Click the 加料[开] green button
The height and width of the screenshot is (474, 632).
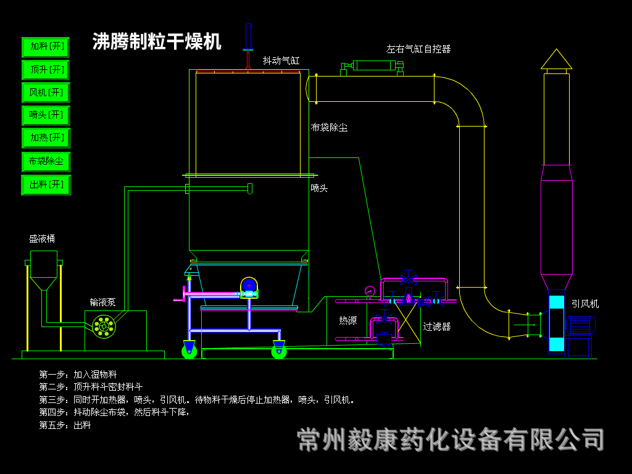(x=46, y=47)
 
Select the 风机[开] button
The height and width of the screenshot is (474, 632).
(x=46, y=93)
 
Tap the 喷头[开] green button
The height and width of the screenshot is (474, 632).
(x=46, y=115)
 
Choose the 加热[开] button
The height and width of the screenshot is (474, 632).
(x=46, y=138)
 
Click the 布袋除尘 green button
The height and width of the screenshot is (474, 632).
(x=46, y=162)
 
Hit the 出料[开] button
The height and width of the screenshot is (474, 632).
(x=46, y=185)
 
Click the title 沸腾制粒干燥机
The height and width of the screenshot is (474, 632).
(x=157, y=41)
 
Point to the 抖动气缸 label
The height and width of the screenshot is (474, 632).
(x=281, y=60)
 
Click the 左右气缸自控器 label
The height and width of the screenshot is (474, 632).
(x=418, y=49)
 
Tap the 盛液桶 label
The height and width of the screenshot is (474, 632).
(x=42, y=238)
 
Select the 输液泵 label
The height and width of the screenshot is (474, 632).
(x=102, y=302)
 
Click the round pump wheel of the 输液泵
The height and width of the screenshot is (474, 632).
(x=104, y=326)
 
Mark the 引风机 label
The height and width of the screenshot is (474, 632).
(x=584, y=304)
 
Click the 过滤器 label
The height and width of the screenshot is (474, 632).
(x=437, y=326)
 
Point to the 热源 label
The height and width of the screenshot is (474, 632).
(x=347, y=320)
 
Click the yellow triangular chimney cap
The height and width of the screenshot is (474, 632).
(x=556, y=60)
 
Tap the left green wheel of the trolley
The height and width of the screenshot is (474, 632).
(x=189, y=351)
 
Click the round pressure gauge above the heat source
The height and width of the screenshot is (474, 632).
(x=370, y=291)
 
